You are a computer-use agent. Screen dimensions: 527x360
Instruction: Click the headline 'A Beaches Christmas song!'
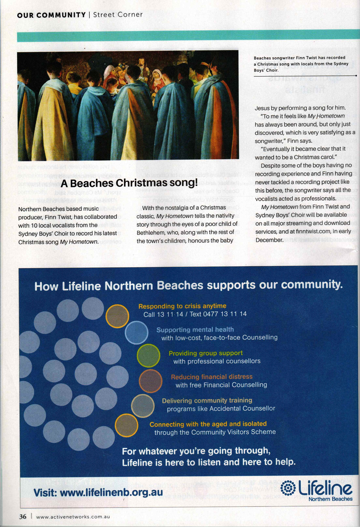coord(129,183)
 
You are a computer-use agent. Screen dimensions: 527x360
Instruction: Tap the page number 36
coord(23,516)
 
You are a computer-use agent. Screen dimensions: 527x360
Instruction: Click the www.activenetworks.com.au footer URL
coord(73,517)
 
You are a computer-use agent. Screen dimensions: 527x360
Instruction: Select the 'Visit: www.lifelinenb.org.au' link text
coord(98,492)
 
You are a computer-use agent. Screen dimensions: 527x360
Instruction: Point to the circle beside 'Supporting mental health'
coord(136,332)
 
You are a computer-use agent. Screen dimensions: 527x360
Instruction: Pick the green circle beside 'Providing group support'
coord(148,356)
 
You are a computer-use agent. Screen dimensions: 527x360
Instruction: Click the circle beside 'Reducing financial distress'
coord(150,381)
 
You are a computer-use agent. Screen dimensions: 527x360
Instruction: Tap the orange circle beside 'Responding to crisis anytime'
coord(117,316)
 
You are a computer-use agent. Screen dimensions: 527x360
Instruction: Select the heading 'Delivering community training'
coord(207,401)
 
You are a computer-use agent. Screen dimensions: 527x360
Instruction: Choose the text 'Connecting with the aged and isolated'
coord(208,424)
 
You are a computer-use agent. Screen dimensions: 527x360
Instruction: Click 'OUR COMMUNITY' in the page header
coord(51,15)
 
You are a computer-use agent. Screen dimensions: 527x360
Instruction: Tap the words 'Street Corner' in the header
coord(118,15)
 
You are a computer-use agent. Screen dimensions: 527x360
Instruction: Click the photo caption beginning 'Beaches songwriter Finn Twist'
coord(301,64)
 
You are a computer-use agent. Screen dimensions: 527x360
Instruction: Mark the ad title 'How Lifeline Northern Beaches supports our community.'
coord(188,286)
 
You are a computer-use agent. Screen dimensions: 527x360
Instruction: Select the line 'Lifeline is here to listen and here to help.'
coord(208,462)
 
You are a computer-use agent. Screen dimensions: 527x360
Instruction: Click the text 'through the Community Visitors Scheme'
coord(215,432)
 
